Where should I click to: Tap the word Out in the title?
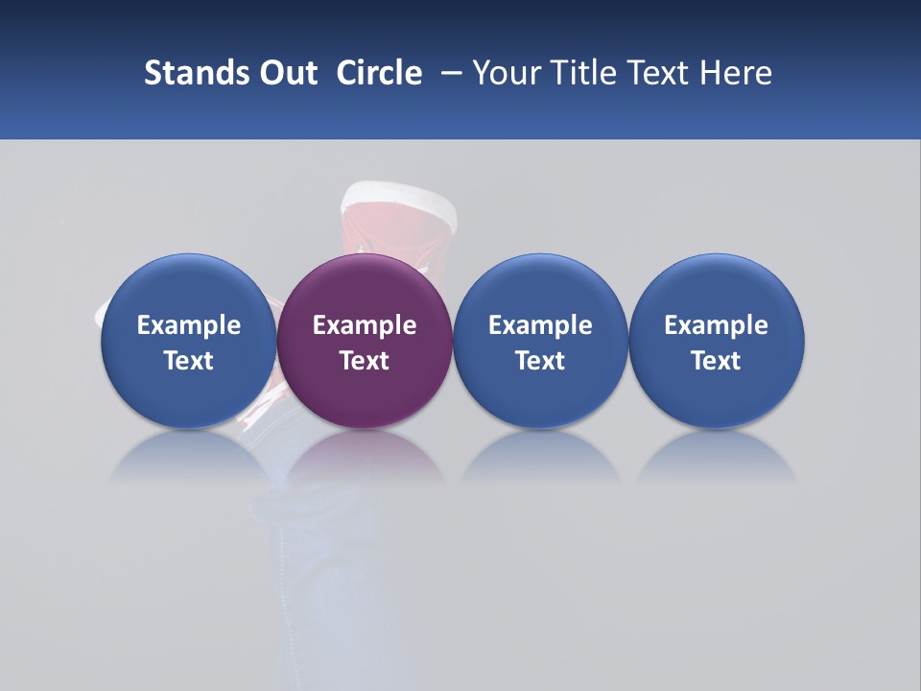(284, 73)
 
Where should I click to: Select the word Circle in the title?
(379, 73)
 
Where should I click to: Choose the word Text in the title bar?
(666, 73)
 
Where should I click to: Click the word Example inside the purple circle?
(365, 326)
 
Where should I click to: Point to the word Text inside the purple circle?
(365, 362)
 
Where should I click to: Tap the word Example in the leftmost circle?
(188, 326)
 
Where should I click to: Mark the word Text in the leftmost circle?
(188, 362)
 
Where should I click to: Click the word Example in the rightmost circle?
(717, 326)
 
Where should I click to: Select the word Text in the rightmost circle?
(717, 362)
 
